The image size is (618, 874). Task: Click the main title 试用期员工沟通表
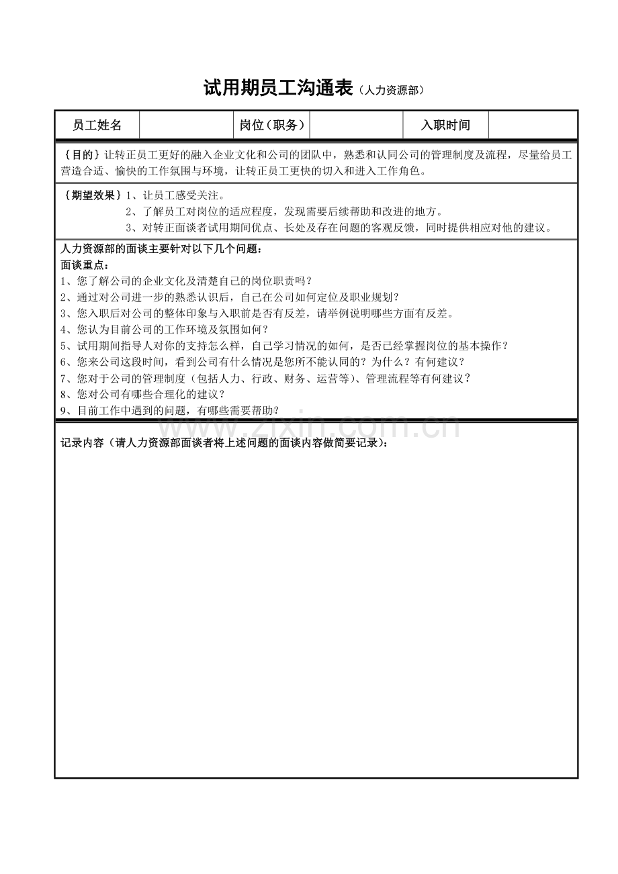pos(278,89)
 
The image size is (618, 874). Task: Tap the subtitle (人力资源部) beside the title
pos(392,91)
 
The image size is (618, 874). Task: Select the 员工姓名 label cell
pos(97,126)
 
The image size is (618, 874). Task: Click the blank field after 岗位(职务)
pos(356,126)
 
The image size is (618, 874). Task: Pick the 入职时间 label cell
pos(445,126)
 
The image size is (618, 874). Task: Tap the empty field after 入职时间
pos(533,126)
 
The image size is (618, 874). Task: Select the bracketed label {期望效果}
pos(91,195)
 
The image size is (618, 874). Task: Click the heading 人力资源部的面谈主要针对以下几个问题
pos(161,249)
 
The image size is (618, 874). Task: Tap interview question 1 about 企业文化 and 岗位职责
pos(187,281)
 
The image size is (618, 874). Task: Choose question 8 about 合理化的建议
pos(143,394)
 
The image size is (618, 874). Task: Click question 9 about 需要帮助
pos(170,410)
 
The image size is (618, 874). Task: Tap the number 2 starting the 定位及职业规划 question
pos(64,297)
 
